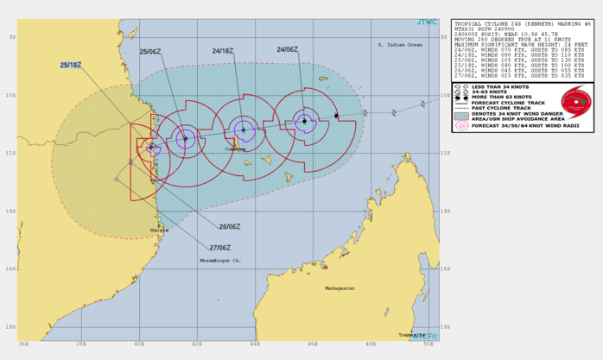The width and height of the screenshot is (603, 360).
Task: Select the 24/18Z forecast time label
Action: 225,52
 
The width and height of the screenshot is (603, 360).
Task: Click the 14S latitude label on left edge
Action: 10,211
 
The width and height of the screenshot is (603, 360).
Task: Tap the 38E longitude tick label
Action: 80,344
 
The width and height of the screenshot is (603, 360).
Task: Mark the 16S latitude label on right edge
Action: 447,268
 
